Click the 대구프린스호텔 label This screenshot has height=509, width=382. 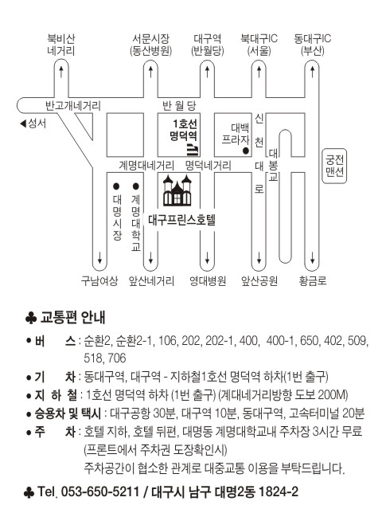click(x=181, y=220)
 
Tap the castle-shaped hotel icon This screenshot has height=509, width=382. click(x=177, y=190)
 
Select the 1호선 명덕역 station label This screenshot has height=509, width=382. click(x=184, y=130)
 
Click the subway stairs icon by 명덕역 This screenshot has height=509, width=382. click(x=193, y=150)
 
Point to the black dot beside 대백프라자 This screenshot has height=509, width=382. click(x=246, y=151)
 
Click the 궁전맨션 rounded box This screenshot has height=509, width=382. click(x=334, y=166)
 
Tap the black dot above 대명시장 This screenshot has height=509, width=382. click(x=116, y=186)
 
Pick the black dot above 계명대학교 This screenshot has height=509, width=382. click(x=136, y=186)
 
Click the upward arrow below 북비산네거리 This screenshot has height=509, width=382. click(x=61, y=71)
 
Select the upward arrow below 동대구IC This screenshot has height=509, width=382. click(x=312, y=71)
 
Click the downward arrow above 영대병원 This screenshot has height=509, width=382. click(x=207, y=258)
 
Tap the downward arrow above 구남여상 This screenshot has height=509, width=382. click(x=99, y=258)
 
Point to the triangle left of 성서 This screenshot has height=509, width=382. click(x=23, y=123)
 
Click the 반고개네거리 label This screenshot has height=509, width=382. click(x=73, y=106)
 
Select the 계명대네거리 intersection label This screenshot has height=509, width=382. click(x=146, y=166)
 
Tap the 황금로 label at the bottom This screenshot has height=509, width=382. click(x=313, y=281)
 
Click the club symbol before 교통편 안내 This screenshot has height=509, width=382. click(x=31, y=318)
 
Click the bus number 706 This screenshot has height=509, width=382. click(x=117, y=358)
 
